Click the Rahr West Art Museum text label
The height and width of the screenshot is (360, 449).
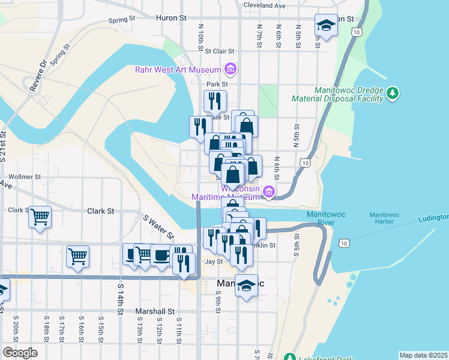178,70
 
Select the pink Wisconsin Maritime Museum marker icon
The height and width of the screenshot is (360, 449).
268,193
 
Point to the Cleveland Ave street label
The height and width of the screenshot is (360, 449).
265,5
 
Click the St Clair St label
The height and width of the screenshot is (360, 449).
220,52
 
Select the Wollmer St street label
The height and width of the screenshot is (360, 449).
25,178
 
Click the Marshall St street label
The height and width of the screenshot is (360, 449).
154,311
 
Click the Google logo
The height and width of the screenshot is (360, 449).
20,353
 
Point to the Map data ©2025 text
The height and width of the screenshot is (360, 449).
423,355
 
